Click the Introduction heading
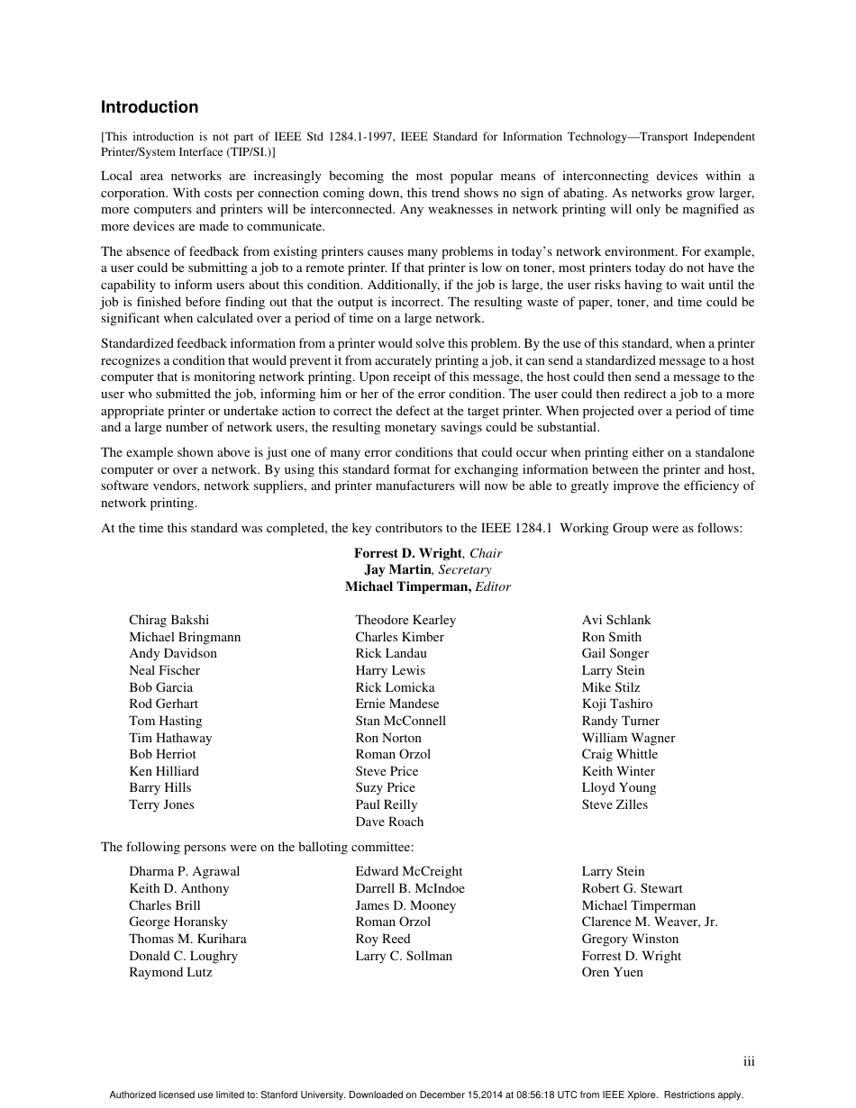(150, 107)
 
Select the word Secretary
(465, 570)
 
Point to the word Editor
(493, 587)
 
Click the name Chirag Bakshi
(168, 620)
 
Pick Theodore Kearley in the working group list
(405, 620)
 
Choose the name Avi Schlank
(616, 620)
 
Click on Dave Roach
(389, 822)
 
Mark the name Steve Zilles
(615, 804)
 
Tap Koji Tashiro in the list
(617, 704)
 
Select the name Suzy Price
(386, 787)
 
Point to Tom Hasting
(166, 721)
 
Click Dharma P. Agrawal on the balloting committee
(185, 871)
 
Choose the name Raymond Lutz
(170, 972)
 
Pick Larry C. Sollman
(404, 956)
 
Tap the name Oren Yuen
(613, 972)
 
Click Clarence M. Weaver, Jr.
(650, 922)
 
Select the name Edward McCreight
(409, 871)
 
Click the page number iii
(749, 1062)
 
